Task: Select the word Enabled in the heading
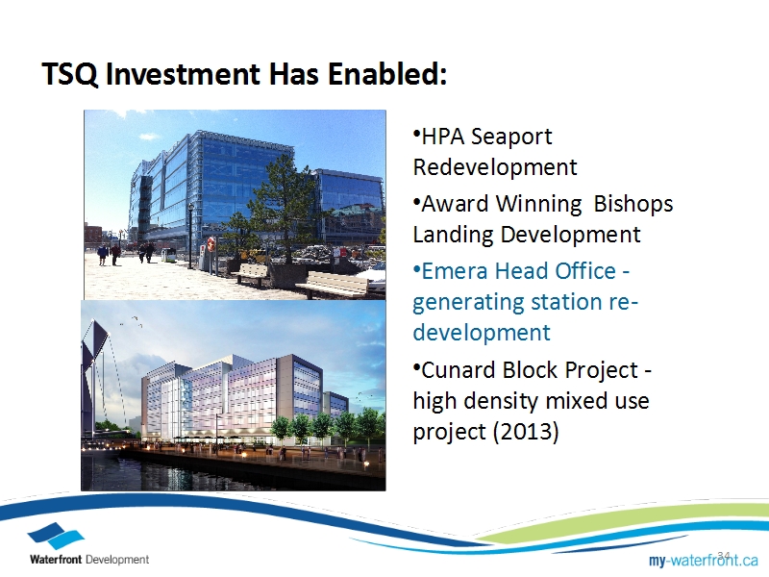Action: pyautogui.click(x=387, y=74)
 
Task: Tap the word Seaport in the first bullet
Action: pyautogui.click(x=510, y=138)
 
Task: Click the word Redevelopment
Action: pyautogui.click(x=495, y=166)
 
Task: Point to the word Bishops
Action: pyautogui.click(x=633, y=204)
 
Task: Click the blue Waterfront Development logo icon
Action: pyautogui.click(x=56, y=536)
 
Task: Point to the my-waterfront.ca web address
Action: pyautogui.click(x=704, y=560)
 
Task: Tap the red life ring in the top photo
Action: pyautogui.click(x=211, y=243)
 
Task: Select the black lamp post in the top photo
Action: pyautogui.click(x=190, y=237)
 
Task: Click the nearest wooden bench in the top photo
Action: pyautogui.click(x=333, y=284)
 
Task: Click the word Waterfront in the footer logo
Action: pyautogui.click(x=56, y=560)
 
